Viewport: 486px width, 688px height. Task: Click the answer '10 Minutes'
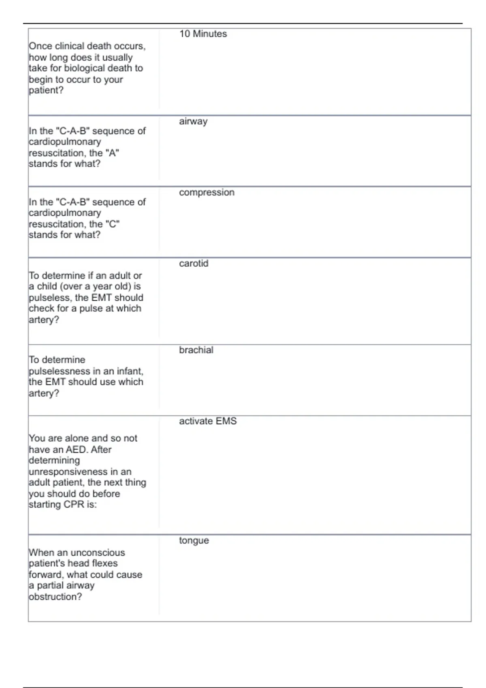click(203, 34)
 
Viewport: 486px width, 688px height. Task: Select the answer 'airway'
click(193, 121)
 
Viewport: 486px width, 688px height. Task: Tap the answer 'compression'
click(207, 193)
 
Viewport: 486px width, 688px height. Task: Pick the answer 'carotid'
click(194, 263)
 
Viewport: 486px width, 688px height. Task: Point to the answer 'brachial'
click(196, 350)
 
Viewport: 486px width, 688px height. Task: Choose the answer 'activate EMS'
click(208, 421)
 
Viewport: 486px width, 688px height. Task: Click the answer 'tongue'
click(194, 541)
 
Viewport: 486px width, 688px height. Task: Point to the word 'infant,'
click(130, 371)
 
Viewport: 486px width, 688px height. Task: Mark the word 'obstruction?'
click(55, 597)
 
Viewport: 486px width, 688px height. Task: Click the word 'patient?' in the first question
click(46, 90)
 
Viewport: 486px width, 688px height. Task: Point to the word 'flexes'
click(104, 563)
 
